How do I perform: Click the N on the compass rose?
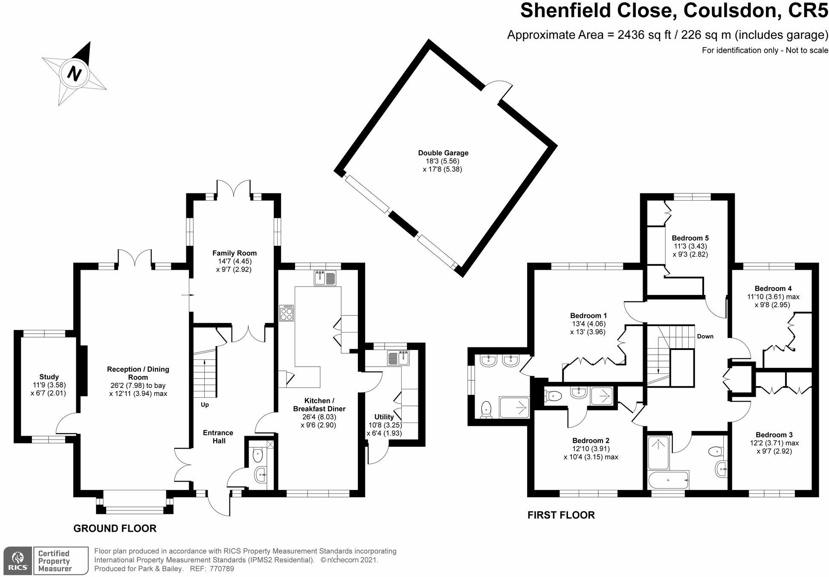click(75, 73)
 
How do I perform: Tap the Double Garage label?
click(443, 153)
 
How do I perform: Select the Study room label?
click(49, 377)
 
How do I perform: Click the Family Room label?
click(235, 253)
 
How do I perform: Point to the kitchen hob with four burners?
click(287, 313)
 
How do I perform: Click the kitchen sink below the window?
click(325, 278)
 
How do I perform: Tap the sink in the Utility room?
click(398, 358)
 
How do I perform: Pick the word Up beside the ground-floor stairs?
click(205, 405)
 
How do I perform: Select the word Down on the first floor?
click(705, 336)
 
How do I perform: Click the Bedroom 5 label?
click(690, 238)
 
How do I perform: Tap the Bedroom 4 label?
click(773, 288)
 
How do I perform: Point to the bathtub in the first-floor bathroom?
click(668, 480)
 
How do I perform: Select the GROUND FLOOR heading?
click(115, 528)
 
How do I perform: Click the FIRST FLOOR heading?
click(561, 515)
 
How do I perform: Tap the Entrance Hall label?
click(218, 437)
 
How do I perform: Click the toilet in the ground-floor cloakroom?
click(258, 455)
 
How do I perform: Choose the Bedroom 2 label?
click(591, 440)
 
